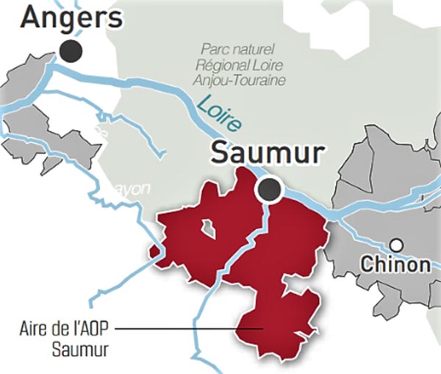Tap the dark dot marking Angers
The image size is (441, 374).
click(71, 51)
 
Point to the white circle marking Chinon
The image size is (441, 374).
click(397, 245)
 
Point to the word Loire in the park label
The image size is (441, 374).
click(254, 65)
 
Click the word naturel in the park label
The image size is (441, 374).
click(254, 49)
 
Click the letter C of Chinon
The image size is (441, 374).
click(367, 264)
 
